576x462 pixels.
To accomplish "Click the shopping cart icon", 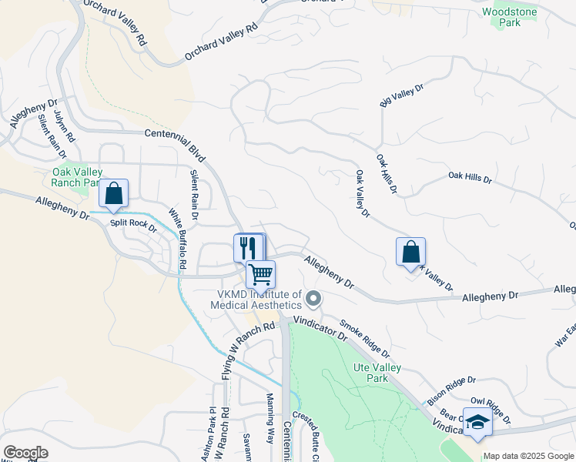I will [261, 274].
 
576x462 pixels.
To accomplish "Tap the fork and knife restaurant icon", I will [247, 247].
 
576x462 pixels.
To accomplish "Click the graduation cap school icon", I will [477, 423].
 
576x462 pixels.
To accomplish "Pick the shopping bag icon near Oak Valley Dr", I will [410, 252].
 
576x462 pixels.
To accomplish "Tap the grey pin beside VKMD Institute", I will [313, 298].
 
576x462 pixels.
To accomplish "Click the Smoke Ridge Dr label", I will [365, 340].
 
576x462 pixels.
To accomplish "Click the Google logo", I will [25, 453].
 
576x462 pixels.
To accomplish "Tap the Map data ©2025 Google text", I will [529, 456].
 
